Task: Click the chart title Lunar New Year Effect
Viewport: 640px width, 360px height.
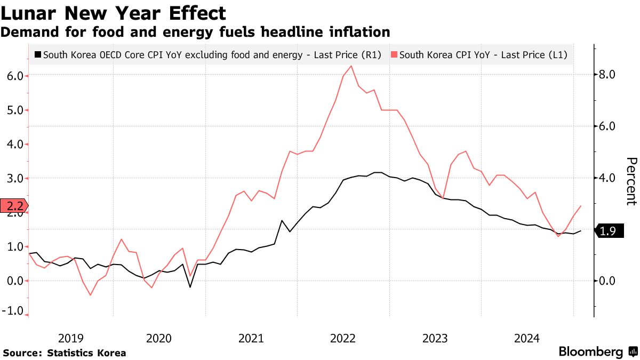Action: [x=114, y=13]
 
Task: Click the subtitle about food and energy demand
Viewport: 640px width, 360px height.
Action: [x=195, y=32]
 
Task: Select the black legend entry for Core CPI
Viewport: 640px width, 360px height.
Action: [x=207, y=54]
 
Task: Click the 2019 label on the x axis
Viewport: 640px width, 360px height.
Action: [x=70, y=338]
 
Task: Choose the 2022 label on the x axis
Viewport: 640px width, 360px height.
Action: [x=343, y=338]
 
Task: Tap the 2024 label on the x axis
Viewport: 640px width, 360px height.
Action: [x=526, y=338]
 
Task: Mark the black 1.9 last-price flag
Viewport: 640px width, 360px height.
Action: [x=609, y=231]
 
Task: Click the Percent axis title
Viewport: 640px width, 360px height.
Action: [x=631, y=181]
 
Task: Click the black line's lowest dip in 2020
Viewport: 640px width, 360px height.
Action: [x=190, y=287]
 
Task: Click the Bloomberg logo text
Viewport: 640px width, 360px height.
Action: [x=590, y=352]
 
